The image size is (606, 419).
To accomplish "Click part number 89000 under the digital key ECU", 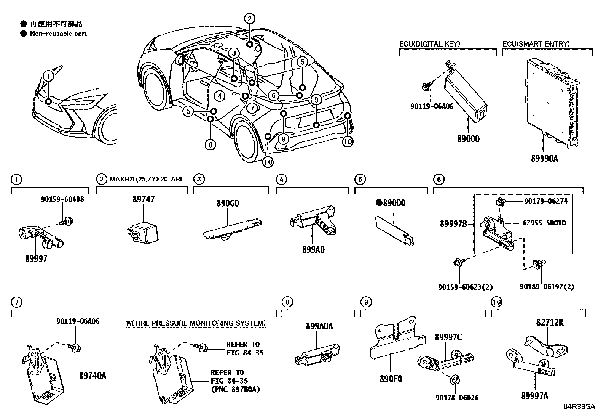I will click(468, 139).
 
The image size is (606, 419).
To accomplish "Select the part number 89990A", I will click(544, 158).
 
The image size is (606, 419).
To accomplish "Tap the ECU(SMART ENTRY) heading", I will click(536, 44).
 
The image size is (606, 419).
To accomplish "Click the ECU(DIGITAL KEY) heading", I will click(429, 44).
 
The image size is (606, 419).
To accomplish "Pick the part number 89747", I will click(144, 199).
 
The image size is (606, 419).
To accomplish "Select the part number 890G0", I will click(228, 203).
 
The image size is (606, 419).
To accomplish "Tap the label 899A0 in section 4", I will click(313, 250).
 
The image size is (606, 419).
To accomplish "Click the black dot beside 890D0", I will click(379, 203).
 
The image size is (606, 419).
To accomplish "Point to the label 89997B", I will click(453, 224).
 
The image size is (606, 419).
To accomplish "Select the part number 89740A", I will click(92, 376).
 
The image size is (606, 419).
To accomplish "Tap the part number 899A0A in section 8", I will click(319, 326).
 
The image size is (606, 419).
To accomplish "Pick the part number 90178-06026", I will click(457, 398).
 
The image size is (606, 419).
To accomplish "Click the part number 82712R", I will click(550, 323).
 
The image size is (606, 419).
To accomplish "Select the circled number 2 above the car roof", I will click(249, 18).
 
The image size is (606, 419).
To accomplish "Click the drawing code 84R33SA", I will click(579, 406).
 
